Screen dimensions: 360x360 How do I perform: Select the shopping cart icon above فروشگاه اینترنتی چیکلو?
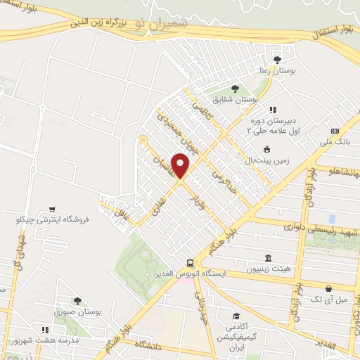pos(52,209)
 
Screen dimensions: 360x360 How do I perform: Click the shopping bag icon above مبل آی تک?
pos(328,288)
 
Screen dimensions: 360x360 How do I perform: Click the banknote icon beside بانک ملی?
pos(335,131)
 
